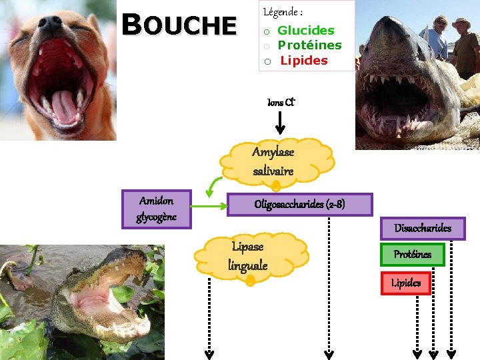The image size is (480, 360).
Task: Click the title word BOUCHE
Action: [x=180, y=25]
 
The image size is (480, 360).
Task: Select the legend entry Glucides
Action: [x=306, y=30]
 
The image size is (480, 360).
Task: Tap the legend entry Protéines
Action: [x=309, y=45]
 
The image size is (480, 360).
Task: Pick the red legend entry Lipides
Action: [x=304, y=61]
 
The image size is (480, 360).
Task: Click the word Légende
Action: [x=283, y=12]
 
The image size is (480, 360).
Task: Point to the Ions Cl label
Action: [x=281, y=103]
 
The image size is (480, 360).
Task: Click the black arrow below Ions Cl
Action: [x=280, y=122]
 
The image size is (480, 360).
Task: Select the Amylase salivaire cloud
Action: [x=274, y=161]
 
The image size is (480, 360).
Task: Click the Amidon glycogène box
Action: [x=157, y=209]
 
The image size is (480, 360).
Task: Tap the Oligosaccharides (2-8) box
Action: [x=299, y=205]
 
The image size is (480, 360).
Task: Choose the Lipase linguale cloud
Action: [x=248, y=256]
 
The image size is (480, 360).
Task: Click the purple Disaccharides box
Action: [x=422, y=228]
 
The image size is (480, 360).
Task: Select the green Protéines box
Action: [x=412, y=255]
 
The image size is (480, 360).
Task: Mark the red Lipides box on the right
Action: [x=405, y=283]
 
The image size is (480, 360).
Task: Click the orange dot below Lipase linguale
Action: [x=250, y=282]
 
